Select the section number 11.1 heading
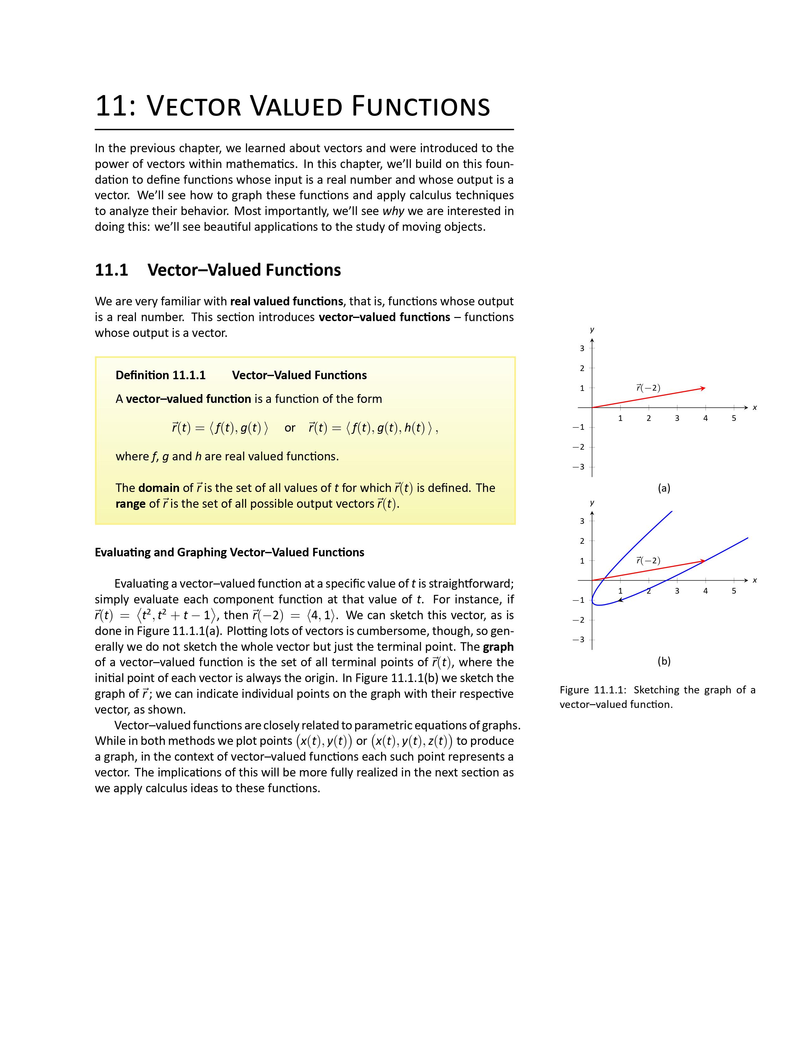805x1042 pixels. (x=111, y=270)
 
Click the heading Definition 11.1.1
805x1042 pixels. (x=160, y=375)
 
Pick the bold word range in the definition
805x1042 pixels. (x=130, y=504)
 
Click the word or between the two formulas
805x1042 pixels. (x=289, y=428)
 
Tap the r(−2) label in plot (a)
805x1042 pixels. (x=648, y=388)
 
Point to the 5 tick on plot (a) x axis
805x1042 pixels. (x=733, y=418)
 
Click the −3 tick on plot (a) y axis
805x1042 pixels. (x=579, y=467)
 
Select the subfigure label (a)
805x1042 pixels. (x=664, y=488)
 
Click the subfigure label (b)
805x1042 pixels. (x=664, y=661)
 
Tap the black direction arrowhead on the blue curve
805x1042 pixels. (x=620, y=600)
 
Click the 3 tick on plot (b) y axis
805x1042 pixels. (x=582, y=521)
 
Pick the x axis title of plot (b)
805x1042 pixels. (x=754, y=580)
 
